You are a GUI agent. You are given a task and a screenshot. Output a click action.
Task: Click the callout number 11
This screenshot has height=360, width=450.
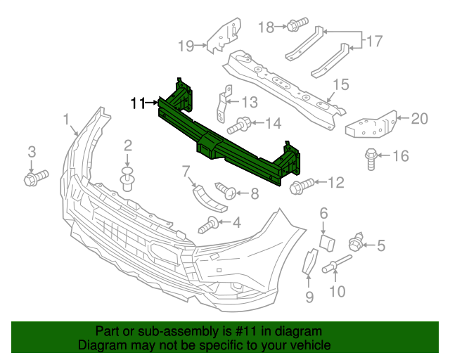pos(137,103)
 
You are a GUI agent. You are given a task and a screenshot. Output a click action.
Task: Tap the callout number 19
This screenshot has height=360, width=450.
pos(186,46)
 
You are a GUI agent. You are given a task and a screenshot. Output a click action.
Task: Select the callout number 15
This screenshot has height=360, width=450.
pos(340,85)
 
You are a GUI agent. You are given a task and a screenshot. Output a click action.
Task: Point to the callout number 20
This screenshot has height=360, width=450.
pos(419,118)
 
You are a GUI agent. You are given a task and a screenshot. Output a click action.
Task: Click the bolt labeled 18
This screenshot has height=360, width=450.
pos(295,27)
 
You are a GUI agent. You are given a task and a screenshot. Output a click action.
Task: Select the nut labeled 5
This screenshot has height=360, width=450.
pos(357,244)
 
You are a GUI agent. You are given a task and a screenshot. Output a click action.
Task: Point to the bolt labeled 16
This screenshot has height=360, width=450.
pos(371,159)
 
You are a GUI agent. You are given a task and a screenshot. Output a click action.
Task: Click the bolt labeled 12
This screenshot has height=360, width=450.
pos(299,185)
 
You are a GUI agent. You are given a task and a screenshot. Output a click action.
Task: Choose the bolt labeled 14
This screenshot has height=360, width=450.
pos(240,126)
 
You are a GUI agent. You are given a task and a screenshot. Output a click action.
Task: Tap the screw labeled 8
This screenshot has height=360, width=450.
pos(225,189)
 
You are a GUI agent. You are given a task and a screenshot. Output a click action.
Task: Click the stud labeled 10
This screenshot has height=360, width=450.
pos(335,267)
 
